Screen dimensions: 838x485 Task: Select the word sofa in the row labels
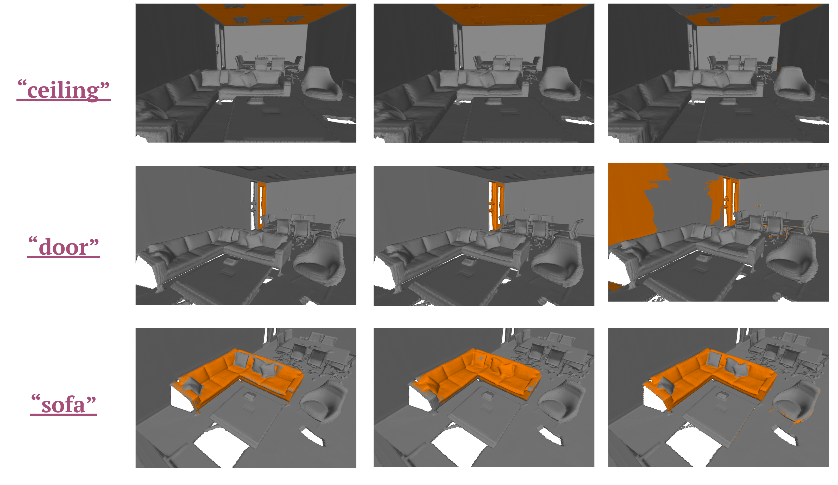[63, 404]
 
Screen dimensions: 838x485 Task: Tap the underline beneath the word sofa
[63, 415]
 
